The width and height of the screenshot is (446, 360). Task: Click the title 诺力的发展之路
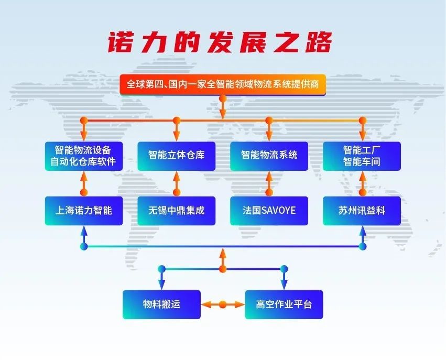[220, 42]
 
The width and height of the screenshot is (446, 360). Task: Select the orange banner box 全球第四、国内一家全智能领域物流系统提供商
[223, 84]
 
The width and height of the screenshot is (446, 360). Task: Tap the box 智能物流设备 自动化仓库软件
[83, 156]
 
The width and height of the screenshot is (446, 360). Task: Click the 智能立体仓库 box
[176, 156]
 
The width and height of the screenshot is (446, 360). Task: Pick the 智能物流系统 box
[269, 156]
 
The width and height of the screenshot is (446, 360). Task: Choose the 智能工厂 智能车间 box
[362, 156]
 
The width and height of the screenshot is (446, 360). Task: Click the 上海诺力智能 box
[83, 211]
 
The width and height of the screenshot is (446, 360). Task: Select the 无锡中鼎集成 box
[176, 211]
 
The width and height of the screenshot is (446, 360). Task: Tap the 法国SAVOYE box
[269, 211]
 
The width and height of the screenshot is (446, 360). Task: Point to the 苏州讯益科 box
[362, 211]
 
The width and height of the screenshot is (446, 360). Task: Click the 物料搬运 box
[161, 304]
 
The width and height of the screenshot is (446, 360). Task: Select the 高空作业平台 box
[284, 304]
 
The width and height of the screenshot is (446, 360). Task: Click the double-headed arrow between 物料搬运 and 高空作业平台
[223, 304]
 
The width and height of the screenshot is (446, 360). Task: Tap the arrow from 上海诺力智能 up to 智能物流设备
[83, 183]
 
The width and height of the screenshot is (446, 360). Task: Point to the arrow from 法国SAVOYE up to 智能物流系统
[269, 183]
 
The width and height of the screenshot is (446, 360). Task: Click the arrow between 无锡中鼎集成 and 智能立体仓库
[176, 183]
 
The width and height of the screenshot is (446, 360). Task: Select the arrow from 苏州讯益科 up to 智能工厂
[362, 183]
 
